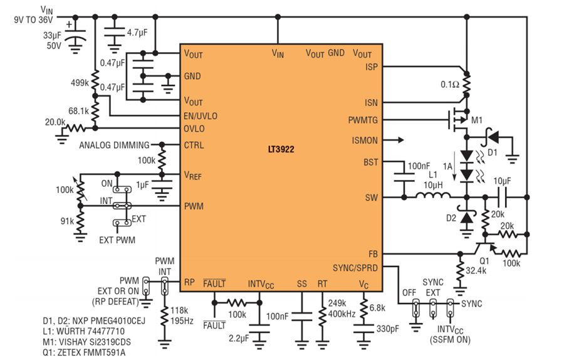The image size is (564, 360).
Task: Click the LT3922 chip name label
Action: (x=281, y=149)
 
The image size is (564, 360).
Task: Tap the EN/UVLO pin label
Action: (x=201, y=116)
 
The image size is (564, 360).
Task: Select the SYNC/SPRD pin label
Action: (x=355, y=268)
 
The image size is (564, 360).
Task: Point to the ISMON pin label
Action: (x=365, y=140)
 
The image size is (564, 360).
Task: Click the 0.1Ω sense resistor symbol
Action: (x=466, y=85)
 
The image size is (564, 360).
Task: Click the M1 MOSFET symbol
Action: (x=459, y=120)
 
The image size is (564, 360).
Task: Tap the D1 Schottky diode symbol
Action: (x=493, y=137)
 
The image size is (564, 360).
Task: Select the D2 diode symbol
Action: (x=466, y=217)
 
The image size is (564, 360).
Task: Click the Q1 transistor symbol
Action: (x=484, y=248)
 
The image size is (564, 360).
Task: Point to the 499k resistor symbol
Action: (x=95, y=82)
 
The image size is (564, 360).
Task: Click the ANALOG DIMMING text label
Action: (x=115, y=145)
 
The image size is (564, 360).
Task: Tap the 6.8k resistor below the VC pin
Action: (x=363, y=308)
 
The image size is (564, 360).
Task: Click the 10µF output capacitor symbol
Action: (x=501, y=198)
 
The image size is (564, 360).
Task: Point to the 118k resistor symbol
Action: (x=164, y=315)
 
